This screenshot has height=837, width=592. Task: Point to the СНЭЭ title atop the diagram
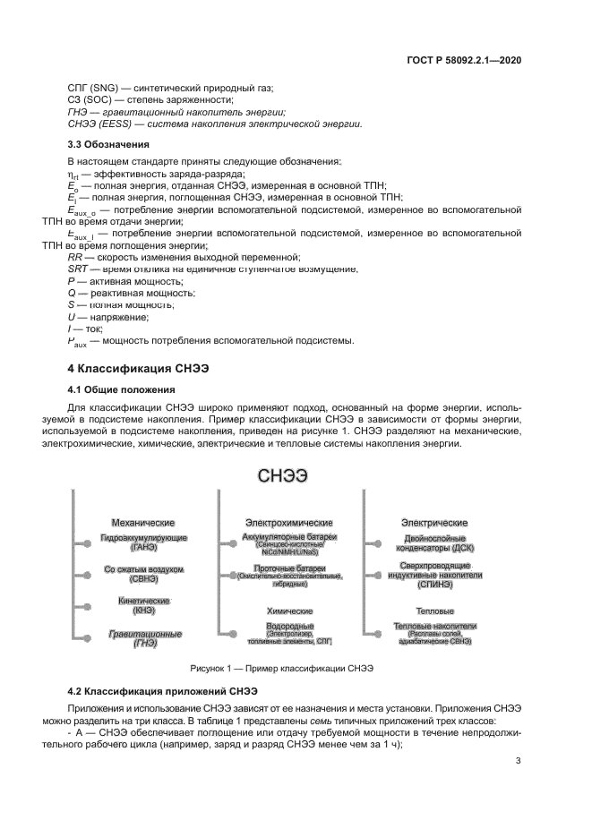click(283, 476)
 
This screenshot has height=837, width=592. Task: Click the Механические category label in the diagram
click(142, 521)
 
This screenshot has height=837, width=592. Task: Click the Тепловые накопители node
click(437, 632)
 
